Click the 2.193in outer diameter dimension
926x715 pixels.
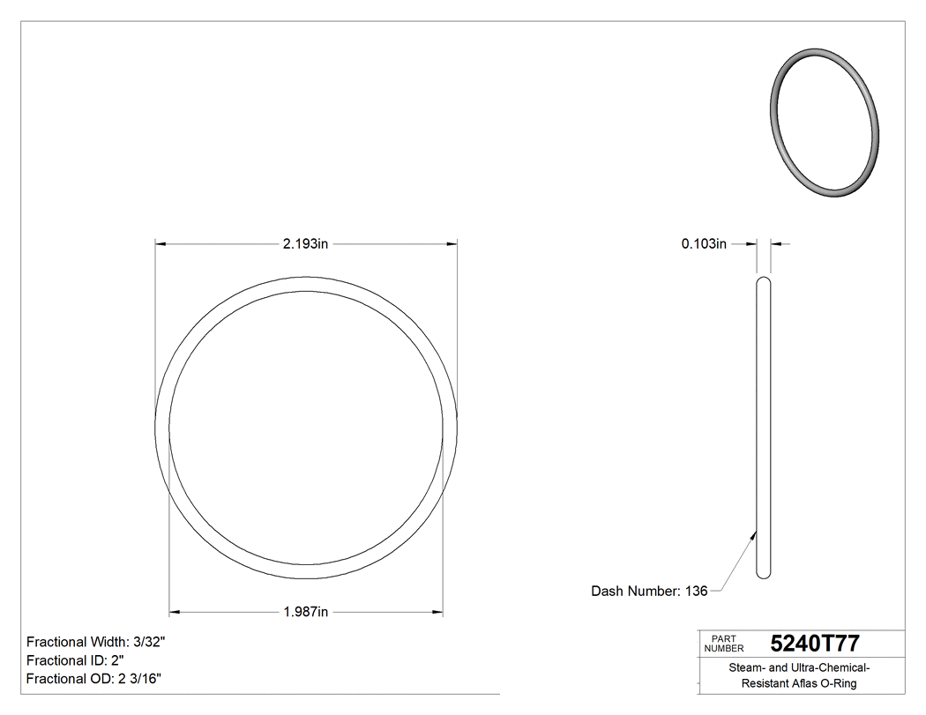pos(305,244)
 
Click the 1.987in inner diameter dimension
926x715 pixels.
pos(305,612)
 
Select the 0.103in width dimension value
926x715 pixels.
pos(703,244)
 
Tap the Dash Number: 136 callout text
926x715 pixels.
pos(649,592)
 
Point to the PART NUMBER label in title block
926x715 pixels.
pos(724,644)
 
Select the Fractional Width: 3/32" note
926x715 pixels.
pos(96,643)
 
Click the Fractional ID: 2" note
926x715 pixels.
pos(75,660)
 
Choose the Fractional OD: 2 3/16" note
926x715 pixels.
pos(93,679)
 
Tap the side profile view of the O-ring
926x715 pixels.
pos(764,428)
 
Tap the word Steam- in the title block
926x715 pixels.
pos(746,668)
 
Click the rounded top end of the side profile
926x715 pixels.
pos(764,280)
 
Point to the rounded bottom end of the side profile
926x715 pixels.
pos(764,576)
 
